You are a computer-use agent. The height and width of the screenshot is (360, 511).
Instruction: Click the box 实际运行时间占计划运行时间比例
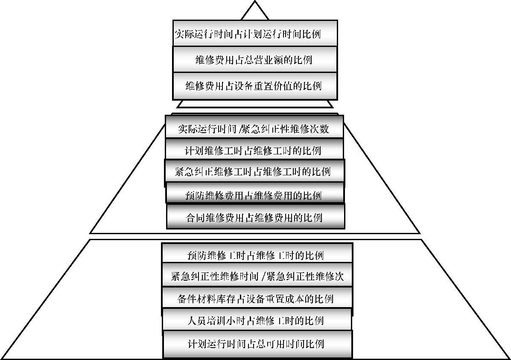pyautogui.click(x=255, y=33)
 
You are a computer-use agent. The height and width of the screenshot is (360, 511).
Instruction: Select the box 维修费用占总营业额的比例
pyautogui.click(x=255, y=59)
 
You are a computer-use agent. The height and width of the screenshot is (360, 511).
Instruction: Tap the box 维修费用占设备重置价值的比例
pyautogui.click(x=255, y=86)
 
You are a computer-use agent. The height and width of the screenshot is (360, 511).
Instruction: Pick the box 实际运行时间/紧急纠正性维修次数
pyautogui.click(x=254, y=128)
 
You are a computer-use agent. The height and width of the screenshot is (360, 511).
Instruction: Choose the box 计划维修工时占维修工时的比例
pyautogui.click(x=254, y=150)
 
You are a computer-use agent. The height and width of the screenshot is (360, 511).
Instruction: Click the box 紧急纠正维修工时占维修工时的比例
pyautogui.click(x=254, y=172)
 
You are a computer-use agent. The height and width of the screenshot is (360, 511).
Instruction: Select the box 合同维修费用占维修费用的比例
pyautogui.click(x=255, y=217)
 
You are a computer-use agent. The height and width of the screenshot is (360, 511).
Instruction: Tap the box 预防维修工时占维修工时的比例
pyautogui.click(x=257, y=255)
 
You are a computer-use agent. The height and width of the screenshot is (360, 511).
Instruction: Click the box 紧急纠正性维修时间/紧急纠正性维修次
pyautogui.click(x=257, y=276)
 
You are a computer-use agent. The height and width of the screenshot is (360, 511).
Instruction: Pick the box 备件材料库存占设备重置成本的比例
pyautogui.click(x=257, y=298)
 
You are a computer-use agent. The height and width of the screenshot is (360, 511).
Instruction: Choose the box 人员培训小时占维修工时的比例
pyautogui.click(x=257, y=320)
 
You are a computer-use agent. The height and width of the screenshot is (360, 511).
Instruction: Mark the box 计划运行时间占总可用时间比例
pyautogui.click(x=257, y=343)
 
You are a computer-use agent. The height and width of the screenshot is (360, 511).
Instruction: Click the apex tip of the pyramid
pyautogui.click(x=255, y=2)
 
